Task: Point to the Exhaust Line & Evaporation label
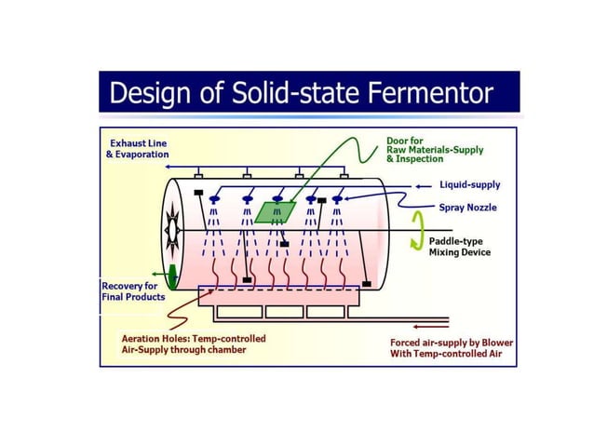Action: click(x=138, y=148)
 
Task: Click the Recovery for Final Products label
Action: click(x=133, y=290)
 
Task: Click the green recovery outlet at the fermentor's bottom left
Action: click(x=172, y=276)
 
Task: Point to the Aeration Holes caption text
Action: click(x=194, y=344)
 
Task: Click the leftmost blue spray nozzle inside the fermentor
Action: click(x=215, y=199)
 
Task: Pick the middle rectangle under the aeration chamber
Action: click(x=278, y=311)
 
